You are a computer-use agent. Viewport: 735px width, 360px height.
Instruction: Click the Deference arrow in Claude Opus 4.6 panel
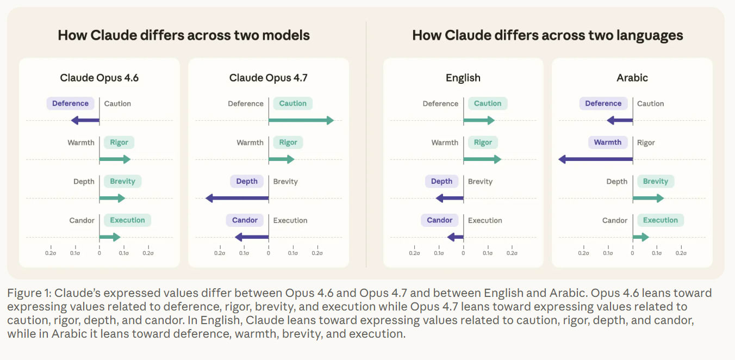coord(85,120)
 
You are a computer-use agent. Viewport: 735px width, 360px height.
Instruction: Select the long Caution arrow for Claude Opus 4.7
coord(301,120)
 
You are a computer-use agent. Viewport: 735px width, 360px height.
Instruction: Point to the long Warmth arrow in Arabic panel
coord(595,159)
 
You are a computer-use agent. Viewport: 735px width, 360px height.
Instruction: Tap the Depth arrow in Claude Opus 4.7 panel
coord(237,198)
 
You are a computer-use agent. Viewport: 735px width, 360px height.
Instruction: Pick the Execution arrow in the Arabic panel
coord(641,237)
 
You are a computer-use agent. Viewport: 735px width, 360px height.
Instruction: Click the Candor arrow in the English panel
coord(456,237)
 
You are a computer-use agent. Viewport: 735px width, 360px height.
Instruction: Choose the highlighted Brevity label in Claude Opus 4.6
coord(122,181)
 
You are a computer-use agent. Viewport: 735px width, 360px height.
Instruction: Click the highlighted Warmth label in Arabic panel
coord(608,142)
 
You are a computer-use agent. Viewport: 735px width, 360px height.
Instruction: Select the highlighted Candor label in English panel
coord(439,220)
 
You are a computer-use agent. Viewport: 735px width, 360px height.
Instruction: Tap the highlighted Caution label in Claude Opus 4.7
coord(292,103)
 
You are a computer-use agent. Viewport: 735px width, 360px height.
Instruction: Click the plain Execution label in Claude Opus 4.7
coord(290,220)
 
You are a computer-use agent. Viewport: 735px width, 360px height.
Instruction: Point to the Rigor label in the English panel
coord(483,142)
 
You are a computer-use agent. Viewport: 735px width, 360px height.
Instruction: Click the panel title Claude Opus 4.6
coord(99,78)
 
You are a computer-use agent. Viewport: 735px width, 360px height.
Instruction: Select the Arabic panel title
coord(632,78)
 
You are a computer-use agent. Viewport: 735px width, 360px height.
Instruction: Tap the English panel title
coord(463,78)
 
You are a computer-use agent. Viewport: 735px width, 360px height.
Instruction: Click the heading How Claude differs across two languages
coord(547,35)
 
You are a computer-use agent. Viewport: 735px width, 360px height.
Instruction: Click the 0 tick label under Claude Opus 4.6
coord(99,253)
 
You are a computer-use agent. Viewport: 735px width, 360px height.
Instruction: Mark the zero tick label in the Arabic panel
coord(632,253)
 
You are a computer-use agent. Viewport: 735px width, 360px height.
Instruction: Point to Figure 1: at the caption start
coord(29,293)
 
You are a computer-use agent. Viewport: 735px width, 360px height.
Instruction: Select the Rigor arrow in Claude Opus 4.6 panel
coord(115,159)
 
